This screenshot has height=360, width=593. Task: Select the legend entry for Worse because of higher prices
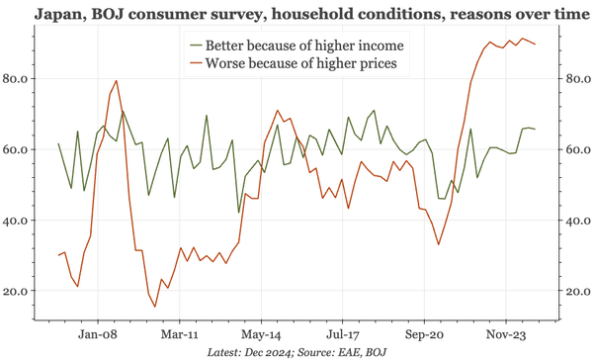[x=302, y=63]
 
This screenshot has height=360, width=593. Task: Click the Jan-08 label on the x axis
[x=99, y=334]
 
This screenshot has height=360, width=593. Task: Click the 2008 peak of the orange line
[x=117, y=81]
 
